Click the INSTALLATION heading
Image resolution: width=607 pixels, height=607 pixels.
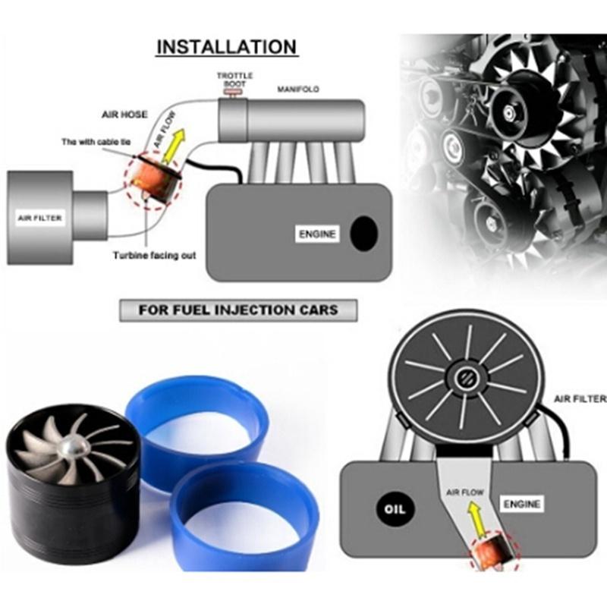226,46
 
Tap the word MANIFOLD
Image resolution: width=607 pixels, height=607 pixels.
299,89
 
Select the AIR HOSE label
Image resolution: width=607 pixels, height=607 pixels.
119,117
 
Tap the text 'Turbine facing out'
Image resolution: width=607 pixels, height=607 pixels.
154,256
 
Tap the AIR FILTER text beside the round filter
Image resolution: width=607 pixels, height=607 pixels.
580,398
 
